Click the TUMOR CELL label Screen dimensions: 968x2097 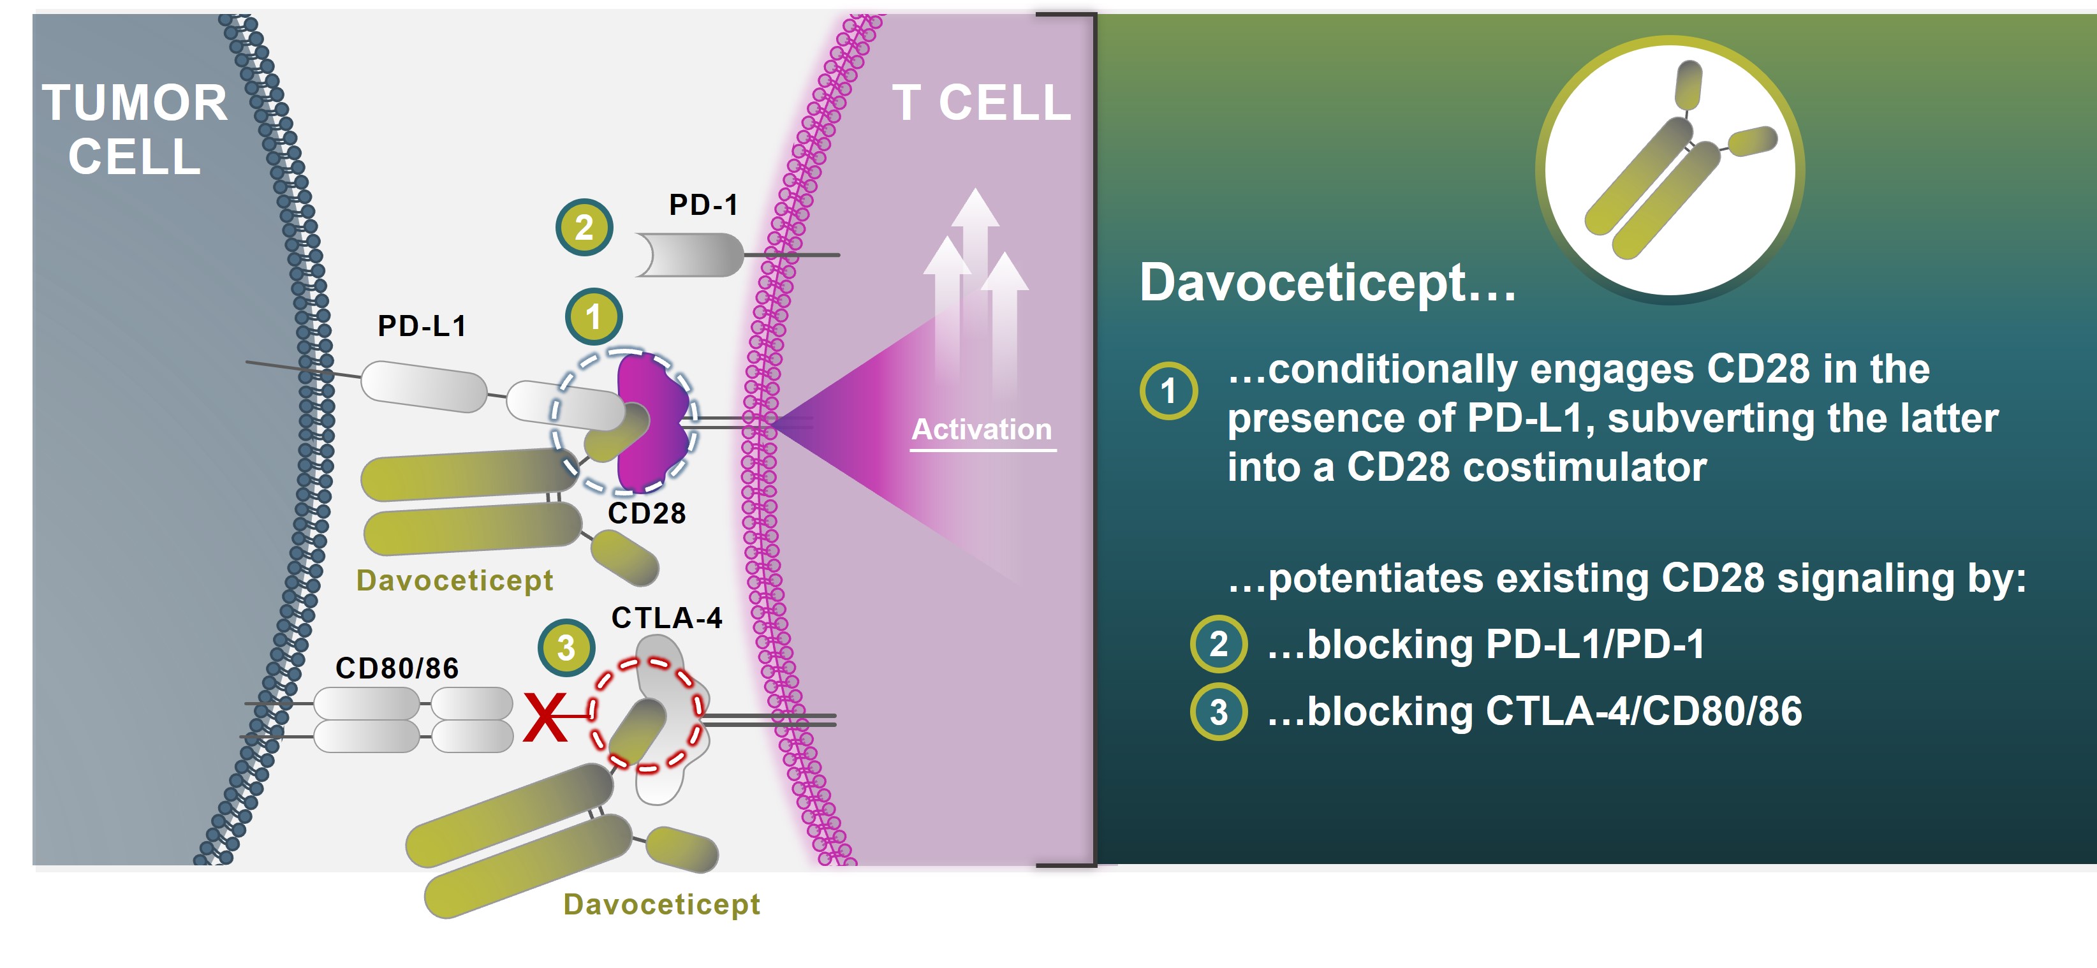pyautogui.click(x=135, y=129)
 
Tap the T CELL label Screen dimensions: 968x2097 pyautogui.click(x=981, y=103)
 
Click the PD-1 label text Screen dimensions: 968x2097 pyautogui.click(x=703, y=204)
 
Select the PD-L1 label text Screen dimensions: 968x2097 pyautogui.click(x=422, y=326)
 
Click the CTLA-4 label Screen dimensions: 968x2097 pyautogui.click(x=666, y=618)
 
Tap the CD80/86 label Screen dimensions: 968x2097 pyautogui.click(x=397, y=668)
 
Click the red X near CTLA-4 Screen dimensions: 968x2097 pyautogui.click(x=545, y=717)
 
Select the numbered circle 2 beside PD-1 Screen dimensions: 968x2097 pyautogui.click(x=584, y=227)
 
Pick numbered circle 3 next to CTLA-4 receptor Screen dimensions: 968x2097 pyautogui.click(x=566, y=648)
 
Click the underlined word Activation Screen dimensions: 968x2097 pyautogui.click(x=981, y=429)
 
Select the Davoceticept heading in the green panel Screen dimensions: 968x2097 pyautogui.click(x=1327, y=282)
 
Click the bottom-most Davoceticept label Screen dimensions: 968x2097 pyautogui.click(x=661, y=904)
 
